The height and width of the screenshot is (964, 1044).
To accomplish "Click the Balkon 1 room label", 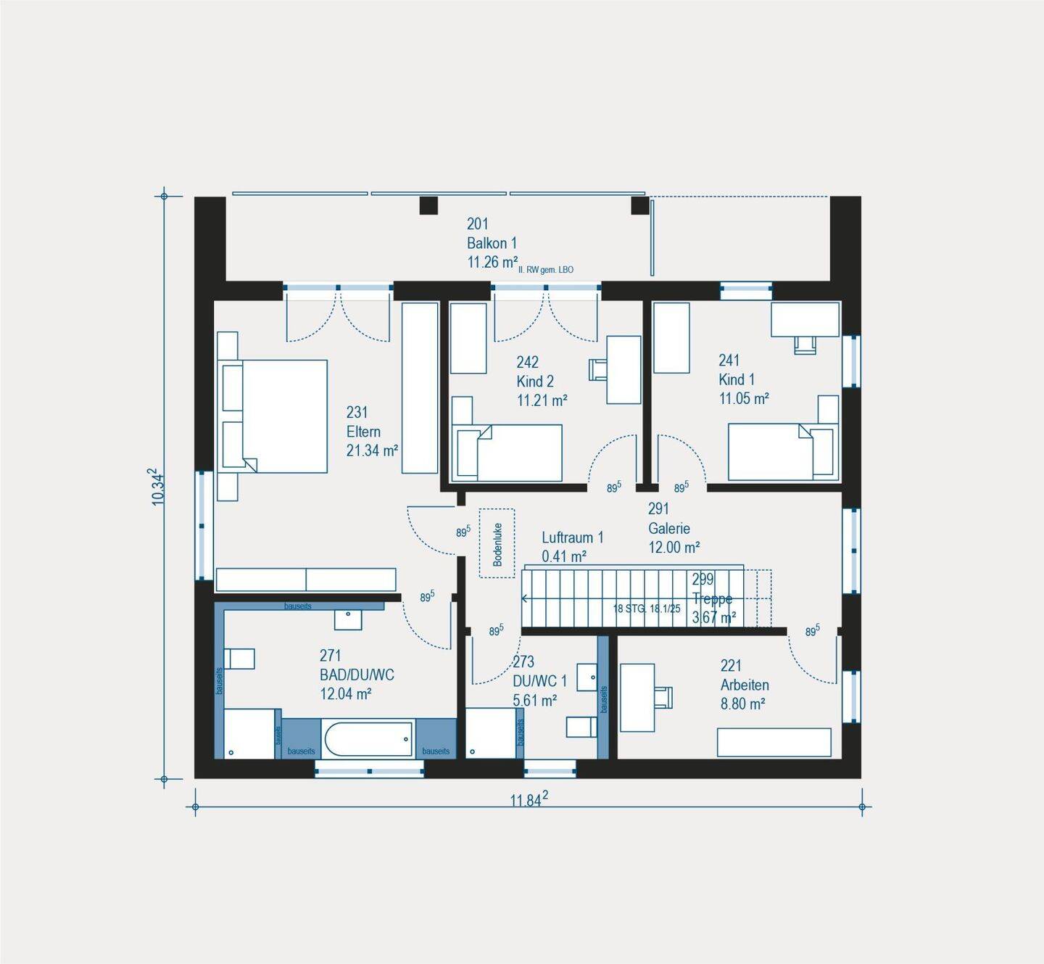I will (492, 243).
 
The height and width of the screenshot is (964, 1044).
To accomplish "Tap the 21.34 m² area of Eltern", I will (372, 450).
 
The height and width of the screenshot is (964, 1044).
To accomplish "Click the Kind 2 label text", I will (535, 381).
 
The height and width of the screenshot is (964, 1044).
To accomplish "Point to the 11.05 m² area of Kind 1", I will (744, 398).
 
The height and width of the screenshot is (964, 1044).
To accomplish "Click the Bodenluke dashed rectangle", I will (497, 543).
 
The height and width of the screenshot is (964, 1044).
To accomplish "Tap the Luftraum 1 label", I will (573, 537).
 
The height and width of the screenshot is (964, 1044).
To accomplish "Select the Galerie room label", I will (669, 528).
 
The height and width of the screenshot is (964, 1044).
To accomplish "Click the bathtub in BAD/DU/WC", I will (368, 738).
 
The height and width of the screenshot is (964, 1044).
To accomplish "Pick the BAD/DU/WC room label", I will (357, 675).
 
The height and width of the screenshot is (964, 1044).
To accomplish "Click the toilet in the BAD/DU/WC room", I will (239, 659).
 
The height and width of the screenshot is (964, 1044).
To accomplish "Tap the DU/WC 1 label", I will (539, 681).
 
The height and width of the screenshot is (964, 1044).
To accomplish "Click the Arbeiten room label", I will (745, 685).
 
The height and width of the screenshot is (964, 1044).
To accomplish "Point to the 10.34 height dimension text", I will (157, 486).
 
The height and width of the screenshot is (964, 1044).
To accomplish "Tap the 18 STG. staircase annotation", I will (647, 609).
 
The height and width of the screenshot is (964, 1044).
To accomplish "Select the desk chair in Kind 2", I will (597, 369).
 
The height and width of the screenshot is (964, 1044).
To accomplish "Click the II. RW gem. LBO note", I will (546, 270).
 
